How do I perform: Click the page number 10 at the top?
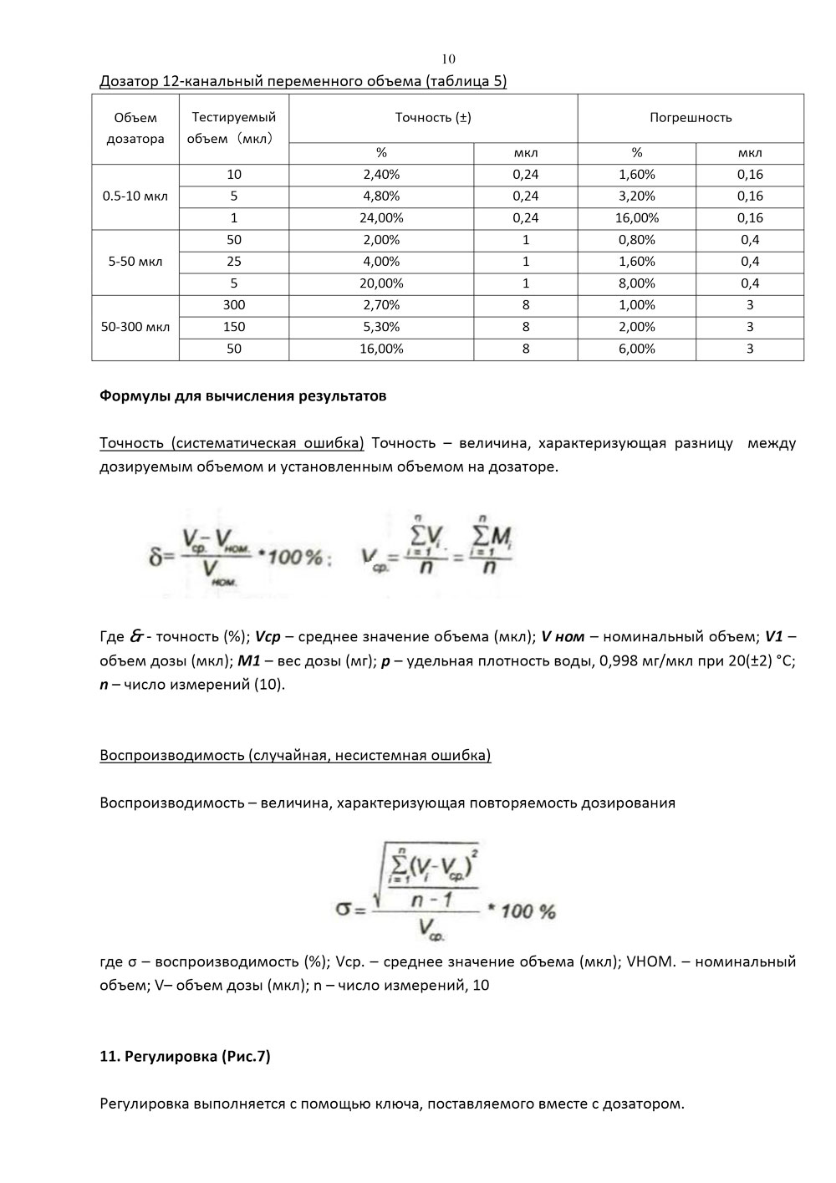(x=448, y=59)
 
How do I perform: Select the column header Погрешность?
(x=691, y=118)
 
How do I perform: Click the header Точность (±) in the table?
(x=433, y=118)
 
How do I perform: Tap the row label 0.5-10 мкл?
(x=135, y=196)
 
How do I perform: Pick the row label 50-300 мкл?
(x=135, y=327)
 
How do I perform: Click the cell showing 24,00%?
(x=381, y=218)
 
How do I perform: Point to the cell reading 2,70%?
(x=381, y=305)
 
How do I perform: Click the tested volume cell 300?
(x=234, y=305)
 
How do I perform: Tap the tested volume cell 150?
(x=234, y=327)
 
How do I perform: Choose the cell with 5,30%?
(x=381, y=327)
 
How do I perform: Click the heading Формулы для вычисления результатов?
(x=243, y=396)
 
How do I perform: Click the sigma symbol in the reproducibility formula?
(x=344, y=908)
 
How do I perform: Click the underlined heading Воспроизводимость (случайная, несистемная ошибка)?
(x=295, y=756)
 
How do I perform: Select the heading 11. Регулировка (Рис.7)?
(x=185, y=1057)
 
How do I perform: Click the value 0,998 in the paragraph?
(x=614, y=661)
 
